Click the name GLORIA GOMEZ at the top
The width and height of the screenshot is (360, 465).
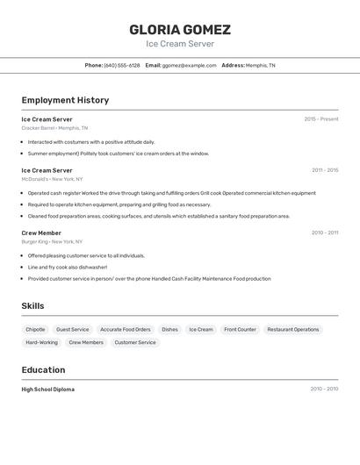click(180, 29)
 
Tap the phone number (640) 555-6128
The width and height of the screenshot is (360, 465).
click(122, 65)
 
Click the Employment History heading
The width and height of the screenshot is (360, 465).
click(65, 100)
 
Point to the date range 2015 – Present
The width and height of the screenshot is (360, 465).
click(321, 118)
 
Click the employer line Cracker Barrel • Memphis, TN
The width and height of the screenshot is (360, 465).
click(55, 127)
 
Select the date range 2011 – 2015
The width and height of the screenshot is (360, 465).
click(325, 170)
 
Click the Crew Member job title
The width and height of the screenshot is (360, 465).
click(41, 232)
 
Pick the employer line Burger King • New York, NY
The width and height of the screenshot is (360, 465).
click(53, 241)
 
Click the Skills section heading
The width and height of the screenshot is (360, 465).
click(33, 305)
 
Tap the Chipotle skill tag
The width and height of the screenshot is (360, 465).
click(36, 329)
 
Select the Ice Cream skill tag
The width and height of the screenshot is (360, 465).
click(201, 329)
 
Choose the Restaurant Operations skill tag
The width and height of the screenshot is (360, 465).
click(293, 329)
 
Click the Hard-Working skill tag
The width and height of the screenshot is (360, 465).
click(41, 342)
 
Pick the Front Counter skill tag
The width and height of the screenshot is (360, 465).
click(240, 329)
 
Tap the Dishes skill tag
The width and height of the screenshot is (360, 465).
click(169, 329)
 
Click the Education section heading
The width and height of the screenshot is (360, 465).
click(43, 369)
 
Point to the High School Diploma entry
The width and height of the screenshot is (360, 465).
click(48, 389)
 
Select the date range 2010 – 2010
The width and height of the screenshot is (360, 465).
click(324, 389)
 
